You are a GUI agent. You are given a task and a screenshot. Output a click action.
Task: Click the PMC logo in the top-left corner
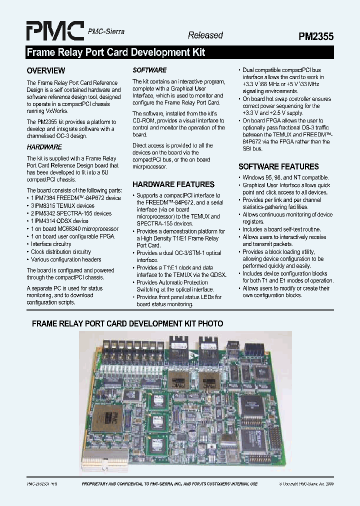click(55, 31)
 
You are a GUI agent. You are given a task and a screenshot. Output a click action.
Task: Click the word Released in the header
click(205, 35)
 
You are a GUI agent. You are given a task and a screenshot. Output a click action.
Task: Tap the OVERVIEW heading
click(45, 70)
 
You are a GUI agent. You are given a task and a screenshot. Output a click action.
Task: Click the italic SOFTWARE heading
click(149, 70)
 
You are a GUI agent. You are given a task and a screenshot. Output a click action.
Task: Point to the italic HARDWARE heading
click(44, 147)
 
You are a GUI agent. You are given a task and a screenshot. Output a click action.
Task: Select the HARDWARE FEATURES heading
click(173, 184)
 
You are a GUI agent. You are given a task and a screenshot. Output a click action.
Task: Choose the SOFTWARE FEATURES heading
click(278, 166)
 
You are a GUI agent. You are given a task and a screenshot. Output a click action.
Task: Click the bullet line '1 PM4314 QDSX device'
click(59, 221)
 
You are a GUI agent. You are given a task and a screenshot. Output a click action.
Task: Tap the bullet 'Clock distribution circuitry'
click(60, 251)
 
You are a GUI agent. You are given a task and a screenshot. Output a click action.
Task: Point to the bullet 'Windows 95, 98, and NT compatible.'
click(285, 177)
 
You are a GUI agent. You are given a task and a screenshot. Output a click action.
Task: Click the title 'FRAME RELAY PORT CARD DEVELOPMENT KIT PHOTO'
click(127, 323)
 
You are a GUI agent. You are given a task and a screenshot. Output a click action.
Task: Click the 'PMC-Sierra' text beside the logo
click(105, 31)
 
